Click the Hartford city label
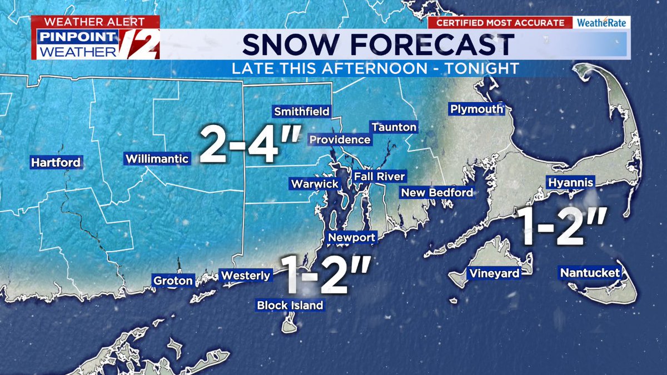coord(56,163)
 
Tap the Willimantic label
coord(157,159)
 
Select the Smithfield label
coord(302,112)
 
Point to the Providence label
coord(340,139)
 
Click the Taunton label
coord(394,127)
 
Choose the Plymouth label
coord(476,109)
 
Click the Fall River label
coord(380,177)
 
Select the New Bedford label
coord(437,193)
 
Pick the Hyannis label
coord(571,183)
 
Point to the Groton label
coord(173,281)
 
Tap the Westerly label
coord(246,275)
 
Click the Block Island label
coord(290,305)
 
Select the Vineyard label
coord(494,273)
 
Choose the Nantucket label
coord(590,273)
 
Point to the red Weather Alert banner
coord(94,22)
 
